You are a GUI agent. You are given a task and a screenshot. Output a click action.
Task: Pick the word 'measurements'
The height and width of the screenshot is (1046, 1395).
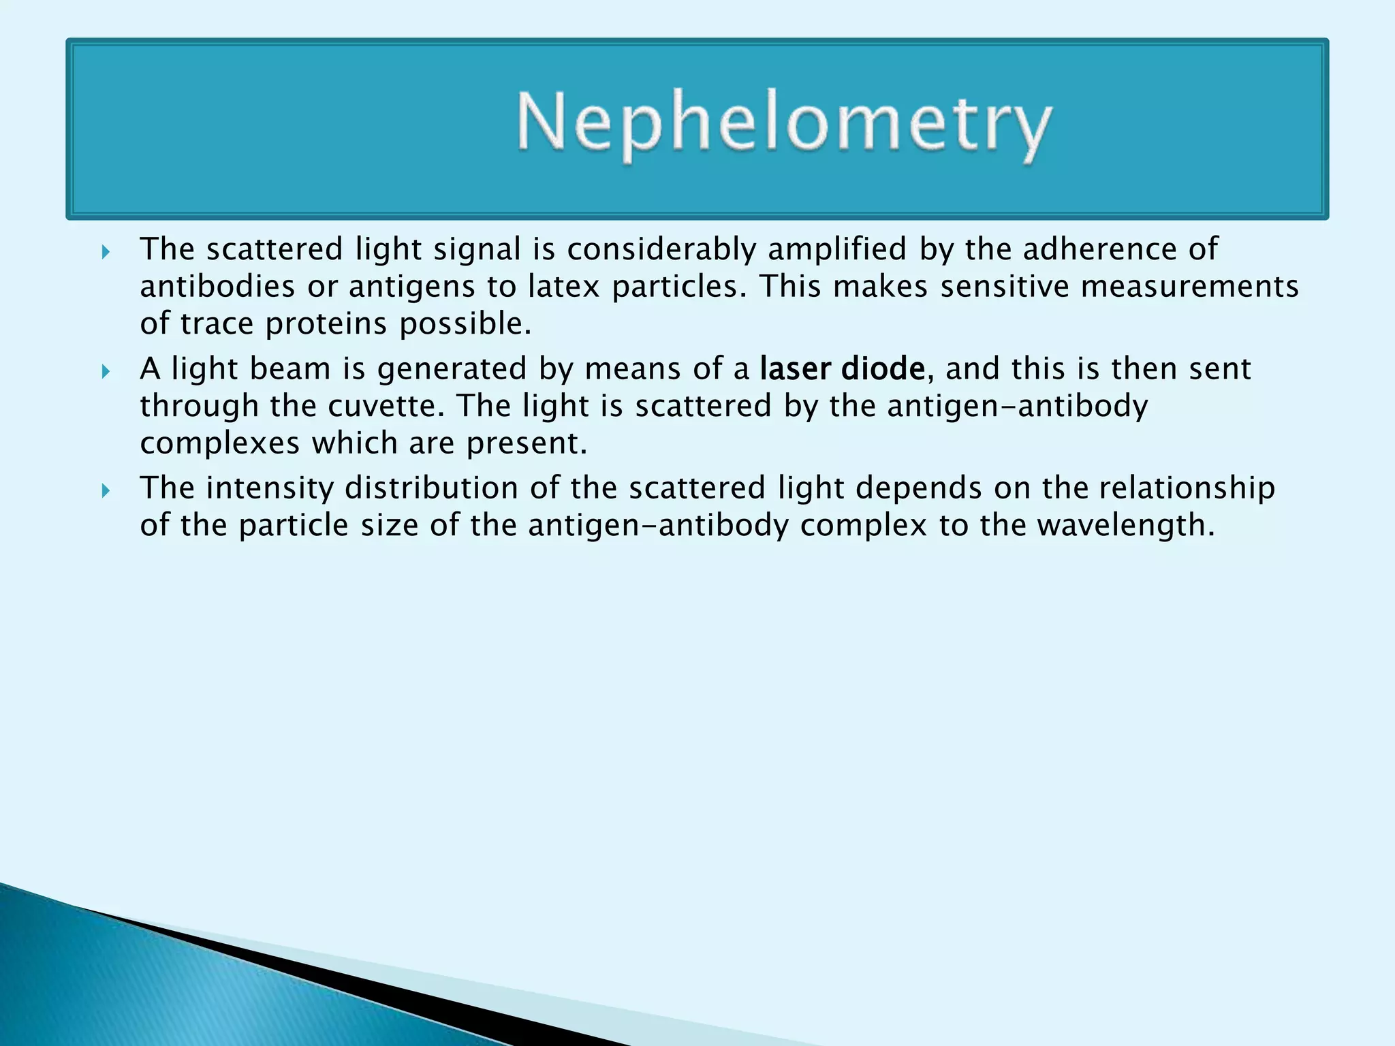[x=1189, y=287]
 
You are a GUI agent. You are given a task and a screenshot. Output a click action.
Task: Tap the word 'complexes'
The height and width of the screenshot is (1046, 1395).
[x=220, y=444]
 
